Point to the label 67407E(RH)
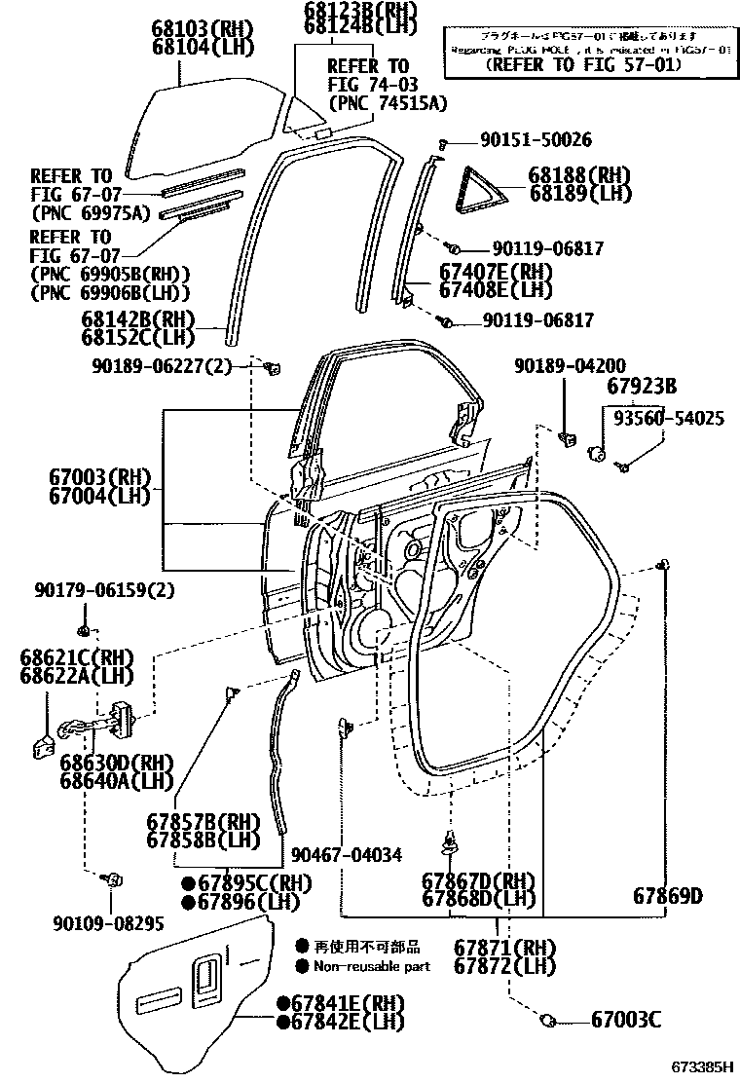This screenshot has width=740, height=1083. (x=495, y=273)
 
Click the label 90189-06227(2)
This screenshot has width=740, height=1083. (x=163, y=366)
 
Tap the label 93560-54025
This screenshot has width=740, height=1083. (x=668, y=418)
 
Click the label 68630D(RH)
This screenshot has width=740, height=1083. (x=115, y=763)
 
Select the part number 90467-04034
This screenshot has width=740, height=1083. (x=347, y=855)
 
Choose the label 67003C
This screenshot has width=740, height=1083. (x=626, y=1020)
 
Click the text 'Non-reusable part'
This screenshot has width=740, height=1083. (x=371, y=966)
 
